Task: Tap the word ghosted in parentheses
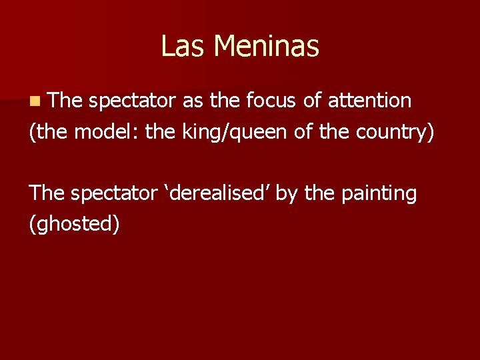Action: tap(75, 224)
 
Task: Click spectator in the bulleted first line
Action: tap(131, 101)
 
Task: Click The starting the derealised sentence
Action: tap(45, 193)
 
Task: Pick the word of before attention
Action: tap(310, 101)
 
